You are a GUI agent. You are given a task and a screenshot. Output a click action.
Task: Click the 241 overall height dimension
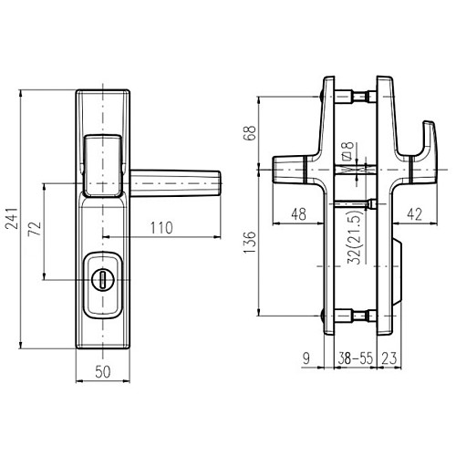coord(12,219)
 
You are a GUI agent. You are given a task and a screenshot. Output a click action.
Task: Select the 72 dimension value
coord(35,229)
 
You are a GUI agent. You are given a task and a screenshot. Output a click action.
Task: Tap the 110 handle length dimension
coord(161,228)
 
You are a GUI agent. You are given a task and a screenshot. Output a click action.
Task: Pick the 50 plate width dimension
coord(103,371)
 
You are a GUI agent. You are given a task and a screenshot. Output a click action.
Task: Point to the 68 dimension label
coord(251,133)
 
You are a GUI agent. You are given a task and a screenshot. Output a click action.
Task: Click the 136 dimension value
coord(250,243)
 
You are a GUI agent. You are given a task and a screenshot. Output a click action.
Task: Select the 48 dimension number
coord(298,214)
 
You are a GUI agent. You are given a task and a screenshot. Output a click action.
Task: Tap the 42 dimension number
coord(415,214)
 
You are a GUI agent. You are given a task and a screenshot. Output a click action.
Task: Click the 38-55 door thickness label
coord(355,358)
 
